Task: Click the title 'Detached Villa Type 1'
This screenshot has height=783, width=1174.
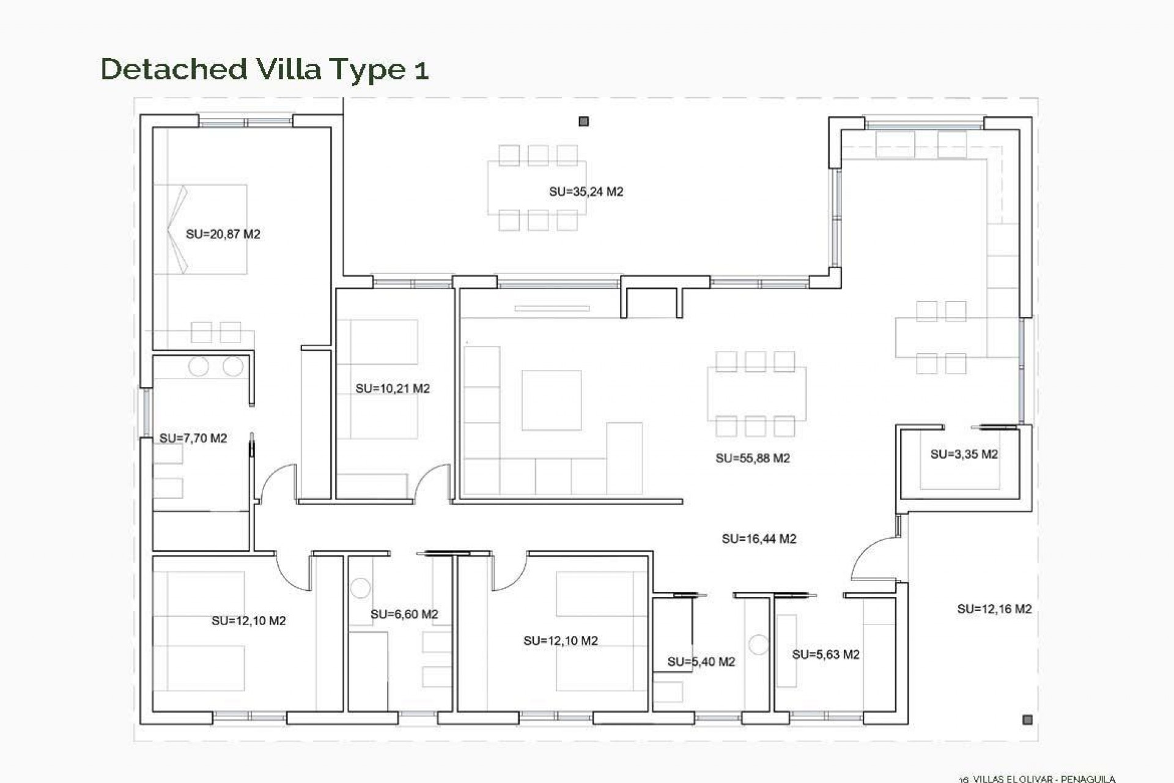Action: pos(264,69)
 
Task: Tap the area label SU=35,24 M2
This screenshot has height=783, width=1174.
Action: pos(586,192)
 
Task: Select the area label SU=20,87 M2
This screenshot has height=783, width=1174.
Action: pos(223,234)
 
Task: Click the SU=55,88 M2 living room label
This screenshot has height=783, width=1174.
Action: pos(752,458)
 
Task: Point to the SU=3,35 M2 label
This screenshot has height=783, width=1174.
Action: pos(964,455)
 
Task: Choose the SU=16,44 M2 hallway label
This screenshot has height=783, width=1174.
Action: pos(758,539)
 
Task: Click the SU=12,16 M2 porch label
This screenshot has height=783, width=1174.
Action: pos(994,609)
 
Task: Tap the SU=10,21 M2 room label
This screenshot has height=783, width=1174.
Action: pos(393,389)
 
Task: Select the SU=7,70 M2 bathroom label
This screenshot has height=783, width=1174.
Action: pos(193,439)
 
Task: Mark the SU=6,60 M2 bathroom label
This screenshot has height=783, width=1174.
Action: pos(404,614)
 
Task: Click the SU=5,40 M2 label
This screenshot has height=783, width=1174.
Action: pos(701,662)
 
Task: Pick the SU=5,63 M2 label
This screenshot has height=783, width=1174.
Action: pos(825,655)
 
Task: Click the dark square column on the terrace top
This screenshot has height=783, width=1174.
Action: pos(583,122)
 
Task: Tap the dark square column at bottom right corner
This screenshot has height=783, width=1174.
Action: pos(1027,720)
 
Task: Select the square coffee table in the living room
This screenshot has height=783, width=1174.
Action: pos(551,400)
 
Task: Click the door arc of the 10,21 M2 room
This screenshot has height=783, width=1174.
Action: pos(430,480)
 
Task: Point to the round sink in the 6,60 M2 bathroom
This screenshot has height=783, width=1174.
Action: pos(360,588)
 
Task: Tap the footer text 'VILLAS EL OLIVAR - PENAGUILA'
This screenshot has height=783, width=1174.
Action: pos(1044,779)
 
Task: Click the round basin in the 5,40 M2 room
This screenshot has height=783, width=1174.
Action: pos(758,645)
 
